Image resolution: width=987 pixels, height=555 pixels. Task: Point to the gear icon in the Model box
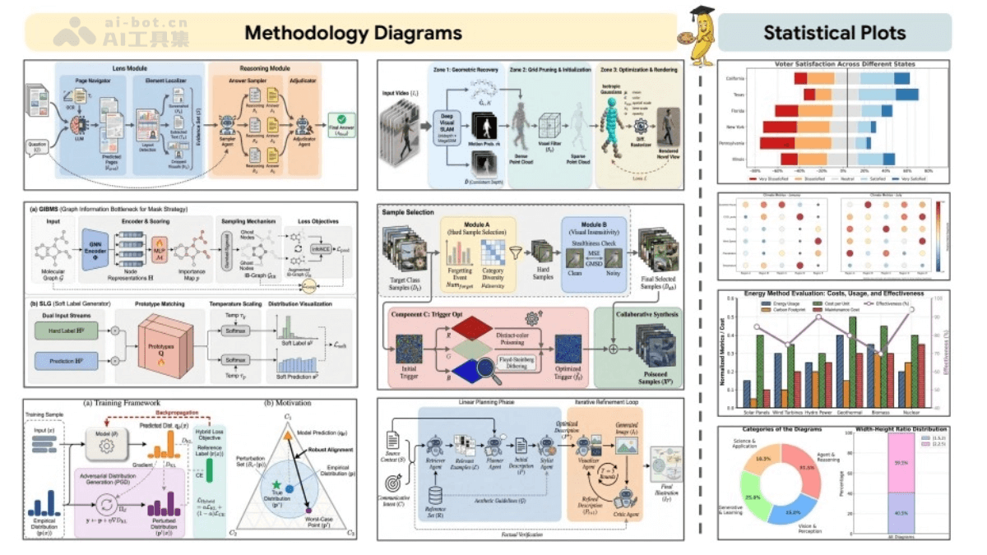105,445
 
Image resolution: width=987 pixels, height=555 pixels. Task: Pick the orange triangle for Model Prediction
289,435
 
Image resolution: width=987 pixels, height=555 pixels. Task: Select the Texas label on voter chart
739,95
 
